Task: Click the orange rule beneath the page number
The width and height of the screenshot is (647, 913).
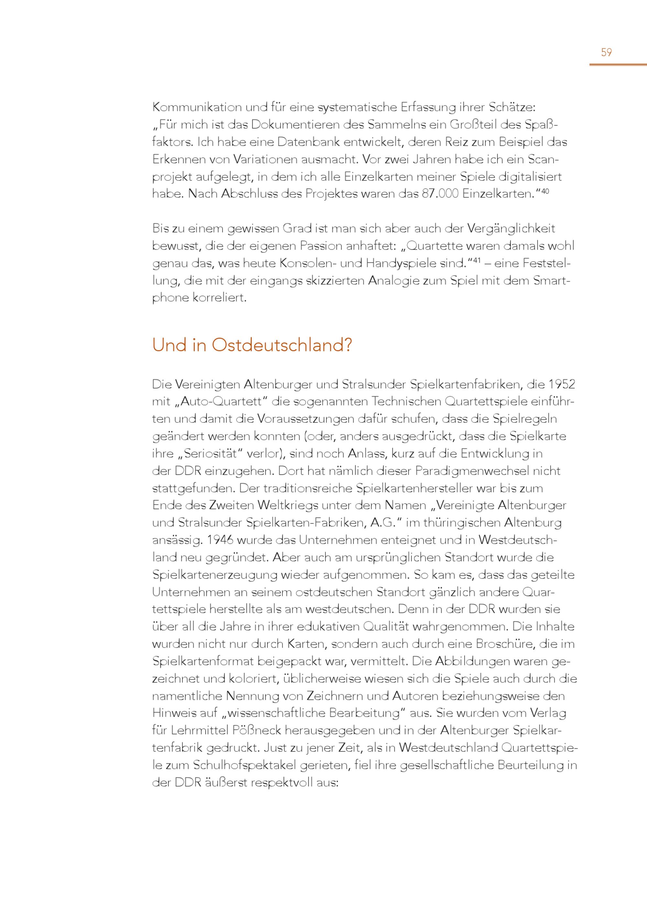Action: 618,64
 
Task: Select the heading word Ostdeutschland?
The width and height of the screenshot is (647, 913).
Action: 282,345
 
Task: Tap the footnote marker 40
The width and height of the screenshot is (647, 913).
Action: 545,191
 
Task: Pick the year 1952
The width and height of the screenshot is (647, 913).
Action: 562,385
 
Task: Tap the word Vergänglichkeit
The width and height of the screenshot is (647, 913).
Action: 511,229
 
